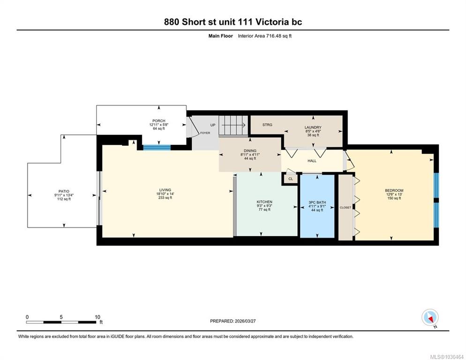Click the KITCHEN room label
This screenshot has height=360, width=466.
point(264,202)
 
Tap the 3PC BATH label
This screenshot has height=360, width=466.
point(317,202)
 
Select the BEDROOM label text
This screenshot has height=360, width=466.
point(394,191)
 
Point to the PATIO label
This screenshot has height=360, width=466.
point(64,191)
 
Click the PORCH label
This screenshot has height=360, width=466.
point(159,120)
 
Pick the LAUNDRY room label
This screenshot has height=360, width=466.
point(313,127)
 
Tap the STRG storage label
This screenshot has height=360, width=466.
point(267,125)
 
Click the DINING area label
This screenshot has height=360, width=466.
point(250,151)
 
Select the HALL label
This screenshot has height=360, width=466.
point(312,161)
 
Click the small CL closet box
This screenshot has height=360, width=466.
point(290,179)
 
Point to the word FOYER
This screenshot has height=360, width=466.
point(205,133)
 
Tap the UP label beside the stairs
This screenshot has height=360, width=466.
point(213,125)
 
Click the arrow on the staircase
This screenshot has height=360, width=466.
point(233,125)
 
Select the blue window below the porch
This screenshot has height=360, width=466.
point(157,148)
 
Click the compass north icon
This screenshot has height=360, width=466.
point(430,317)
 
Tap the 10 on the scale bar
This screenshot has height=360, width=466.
point(98,317)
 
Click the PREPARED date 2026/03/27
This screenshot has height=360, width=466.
point(245,321)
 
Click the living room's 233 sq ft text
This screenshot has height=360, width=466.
point(165,198)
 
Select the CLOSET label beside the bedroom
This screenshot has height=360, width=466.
point(346,208)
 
